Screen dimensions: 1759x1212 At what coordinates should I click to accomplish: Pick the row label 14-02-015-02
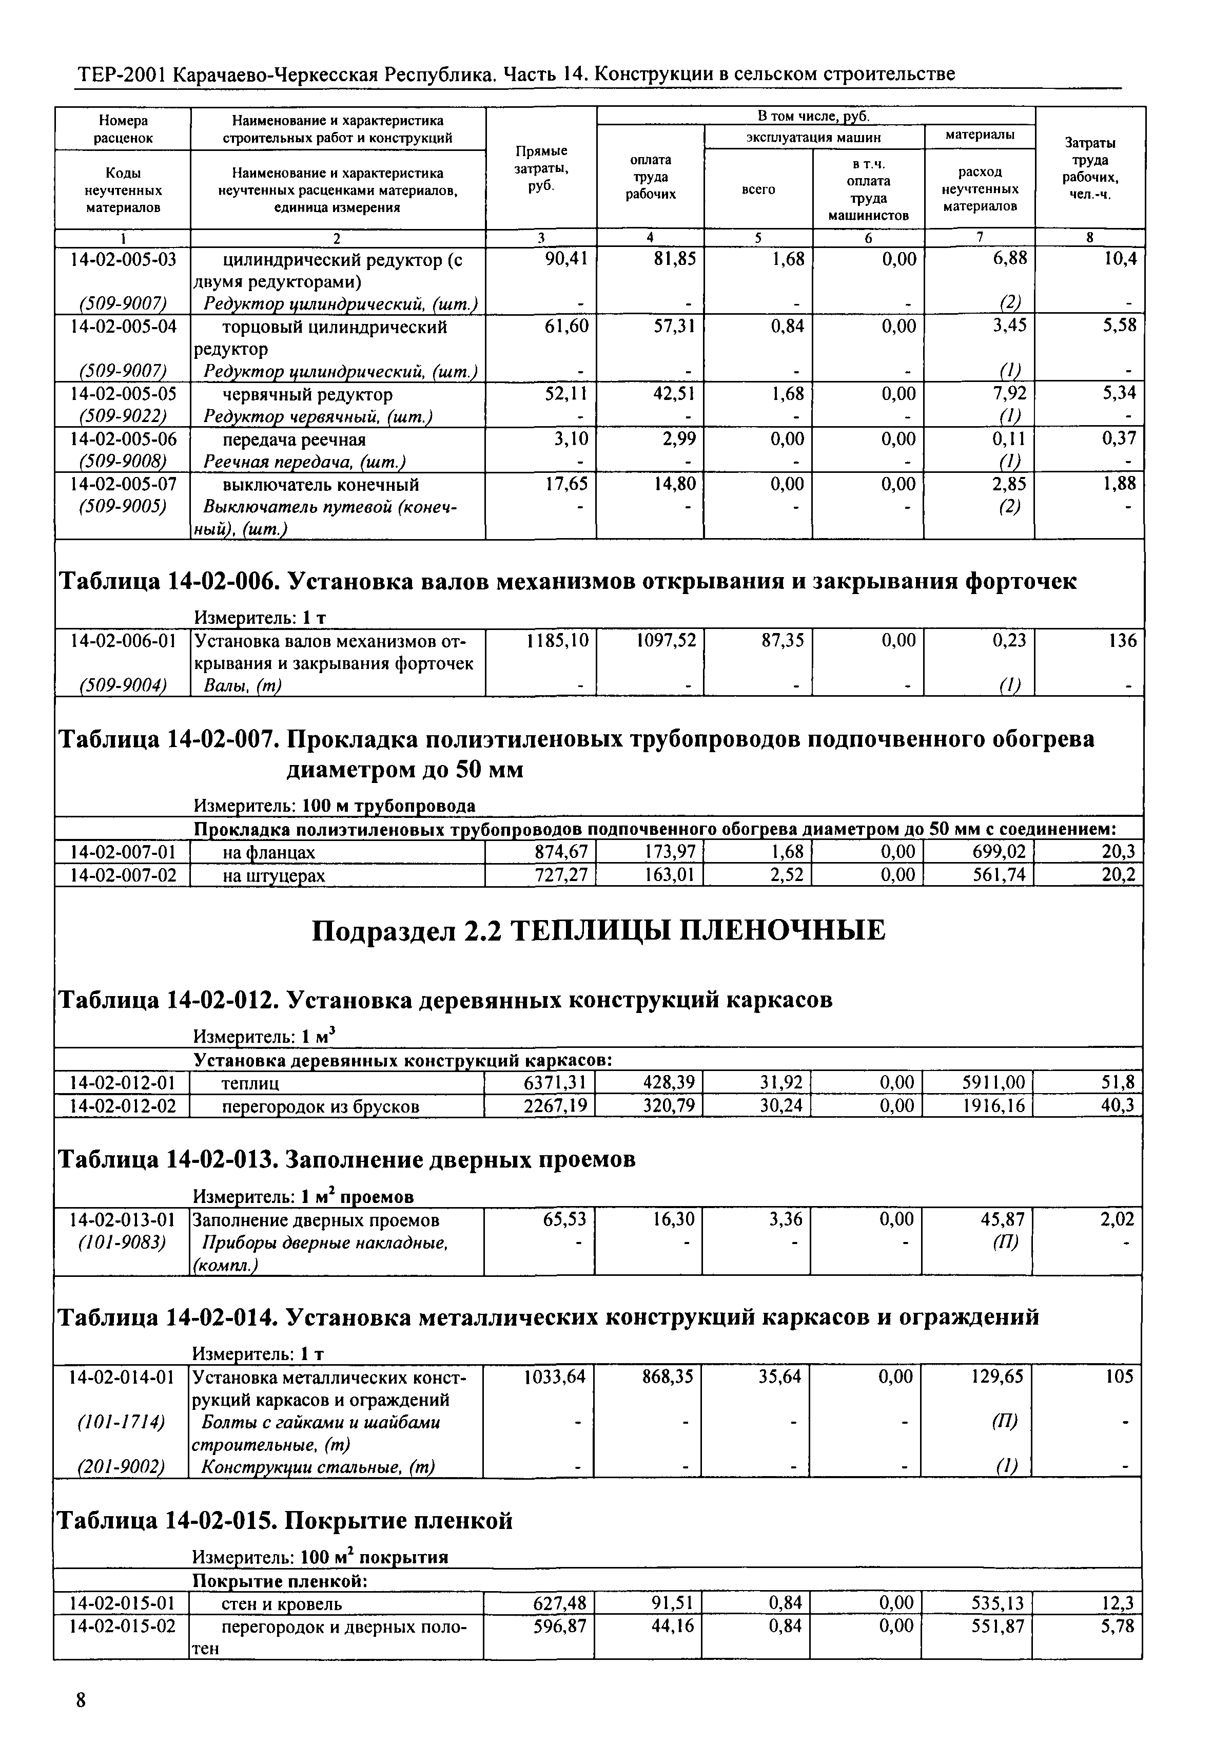click(122, 1626)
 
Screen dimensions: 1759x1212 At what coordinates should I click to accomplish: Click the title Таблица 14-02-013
click(346, 1160)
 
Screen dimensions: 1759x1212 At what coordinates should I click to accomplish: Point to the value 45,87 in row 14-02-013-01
click(1003, 1220)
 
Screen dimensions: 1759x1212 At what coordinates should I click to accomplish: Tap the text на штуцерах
click(273, 875)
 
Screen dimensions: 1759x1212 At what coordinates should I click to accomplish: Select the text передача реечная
click(294, 440)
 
